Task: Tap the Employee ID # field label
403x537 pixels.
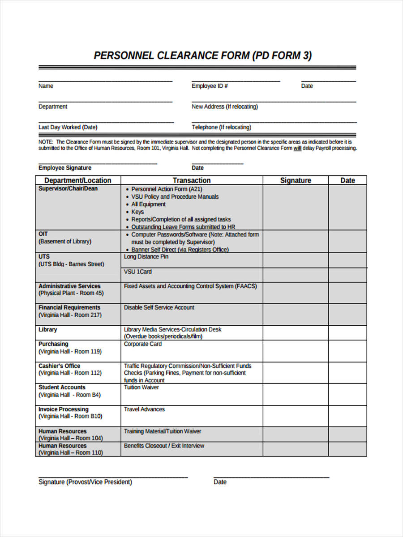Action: point(210,86)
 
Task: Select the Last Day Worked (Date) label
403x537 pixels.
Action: point(68,128)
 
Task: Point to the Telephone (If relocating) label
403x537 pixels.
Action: point(221,128)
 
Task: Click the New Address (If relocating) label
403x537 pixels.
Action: point(225,107)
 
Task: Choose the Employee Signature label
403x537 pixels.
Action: point(65,168)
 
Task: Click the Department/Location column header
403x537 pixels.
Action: point(78,180)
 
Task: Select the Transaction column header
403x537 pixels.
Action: point(192,180)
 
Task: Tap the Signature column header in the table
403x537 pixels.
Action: point(296,180)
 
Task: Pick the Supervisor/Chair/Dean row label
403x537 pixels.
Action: point(68,189)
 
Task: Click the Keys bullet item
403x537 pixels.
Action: point(137,212)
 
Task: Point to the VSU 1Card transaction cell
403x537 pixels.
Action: point(137,272)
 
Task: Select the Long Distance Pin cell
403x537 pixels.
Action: point(146,257)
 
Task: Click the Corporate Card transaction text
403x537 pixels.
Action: point(142,344)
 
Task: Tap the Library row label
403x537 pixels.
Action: point(48,330)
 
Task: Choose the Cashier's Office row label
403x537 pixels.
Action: point(60,366)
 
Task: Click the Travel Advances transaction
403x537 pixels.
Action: point(144,409)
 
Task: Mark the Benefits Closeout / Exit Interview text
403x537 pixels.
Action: point(164,446)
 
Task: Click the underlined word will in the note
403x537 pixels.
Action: point(297,148)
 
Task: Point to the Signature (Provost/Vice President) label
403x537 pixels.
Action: point(85,482)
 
